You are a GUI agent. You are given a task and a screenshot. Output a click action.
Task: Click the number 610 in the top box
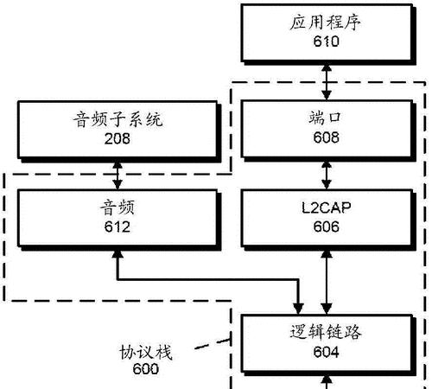(326, 41)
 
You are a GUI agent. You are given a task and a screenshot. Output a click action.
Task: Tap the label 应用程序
(325, 22)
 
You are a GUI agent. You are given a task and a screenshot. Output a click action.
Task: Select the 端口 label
(325, 118)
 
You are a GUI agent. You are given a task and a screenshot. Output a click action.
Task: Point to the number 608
(326, 137)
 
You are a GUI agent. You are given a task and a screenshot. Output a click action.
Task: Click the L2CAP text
(327, 207)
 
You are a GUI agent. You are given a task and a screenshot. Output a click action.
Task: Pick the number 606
(326, 226)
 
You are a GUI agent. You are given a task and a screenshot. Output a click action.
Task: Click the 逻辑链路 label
(326, 332)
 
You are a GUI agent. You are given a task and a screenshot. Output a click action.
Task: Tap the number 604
(326, 352)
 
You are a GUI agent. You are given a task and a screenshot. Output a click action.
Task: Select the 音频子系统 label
(118, 119)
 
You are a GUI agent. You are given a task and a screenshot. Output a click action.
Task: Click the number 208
(118, 138)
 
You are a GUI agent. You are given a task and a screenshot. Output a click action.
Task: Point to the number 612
(118, 226)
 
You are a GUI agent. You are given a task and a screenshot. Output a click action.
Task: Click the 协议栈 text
(146, 352)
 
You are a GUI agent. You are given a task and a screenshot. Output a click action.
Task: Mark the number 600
(146, 369)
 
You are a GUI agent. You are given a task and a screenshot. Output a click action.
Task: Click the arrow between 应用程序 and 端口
(327, 82)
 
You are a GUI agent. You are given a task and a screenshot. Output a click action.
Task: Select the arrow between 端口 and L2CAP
(327, 175)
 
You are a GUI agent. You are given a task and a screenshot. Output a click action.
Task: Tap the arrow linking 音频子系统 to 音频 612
(118, 175)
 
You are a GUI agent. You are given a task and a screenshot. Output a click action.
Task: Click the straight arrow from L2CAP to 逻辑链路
(327, 282)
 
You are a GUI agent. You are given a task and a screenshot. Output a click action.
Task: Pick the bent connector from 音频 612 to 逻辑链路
(207, 279)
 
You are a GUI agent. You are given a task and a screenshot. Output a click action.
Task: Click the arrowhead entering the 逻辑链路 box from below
(327, 379)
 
